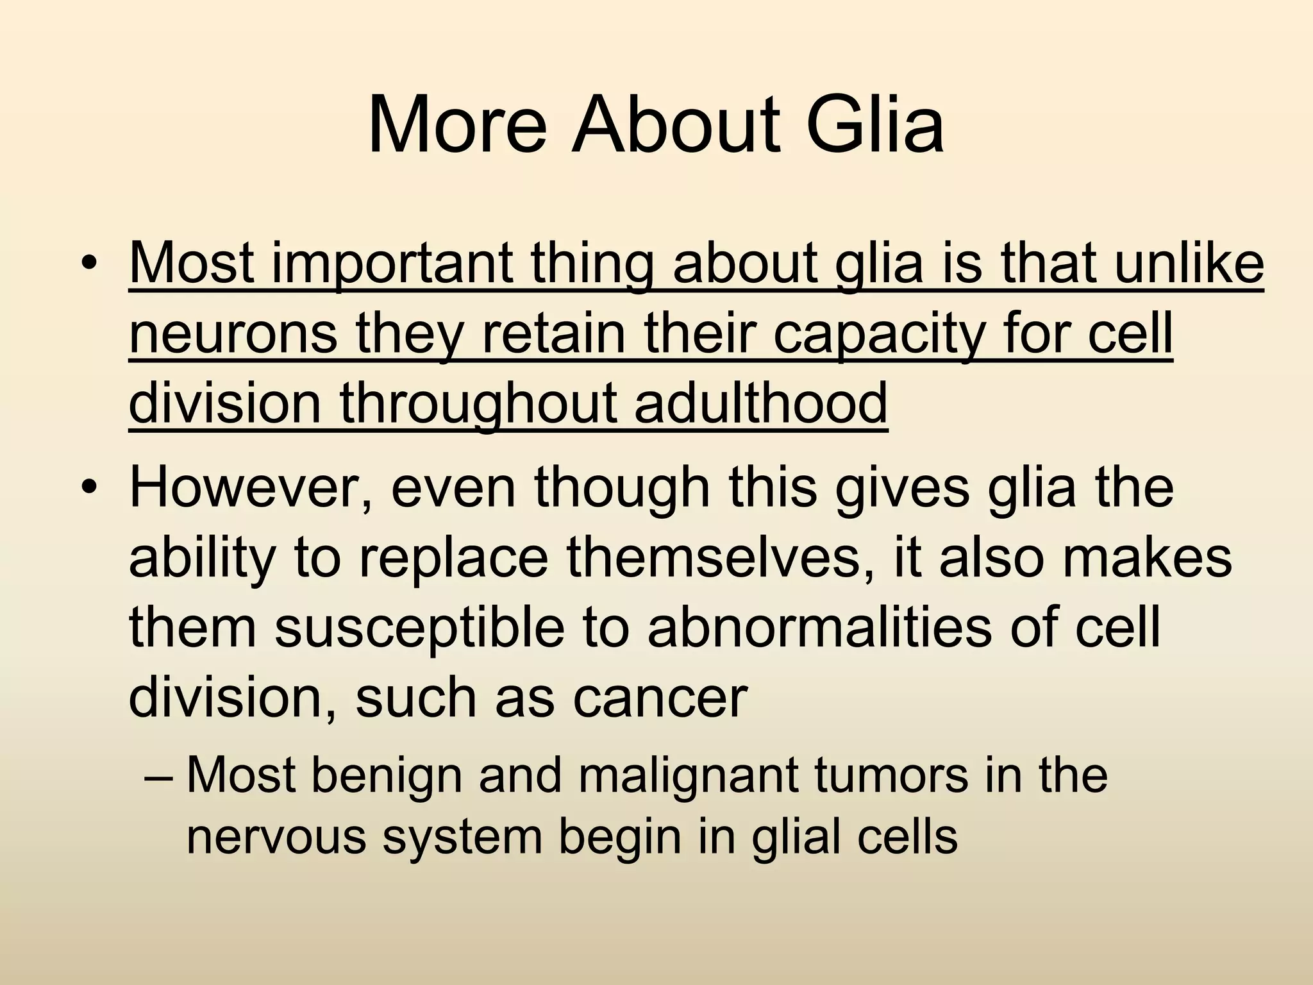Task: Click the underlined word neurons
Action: coord(233,335)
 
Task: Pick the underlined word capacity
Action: coord(878,335)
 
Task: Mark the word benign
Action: coord(387,776)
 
